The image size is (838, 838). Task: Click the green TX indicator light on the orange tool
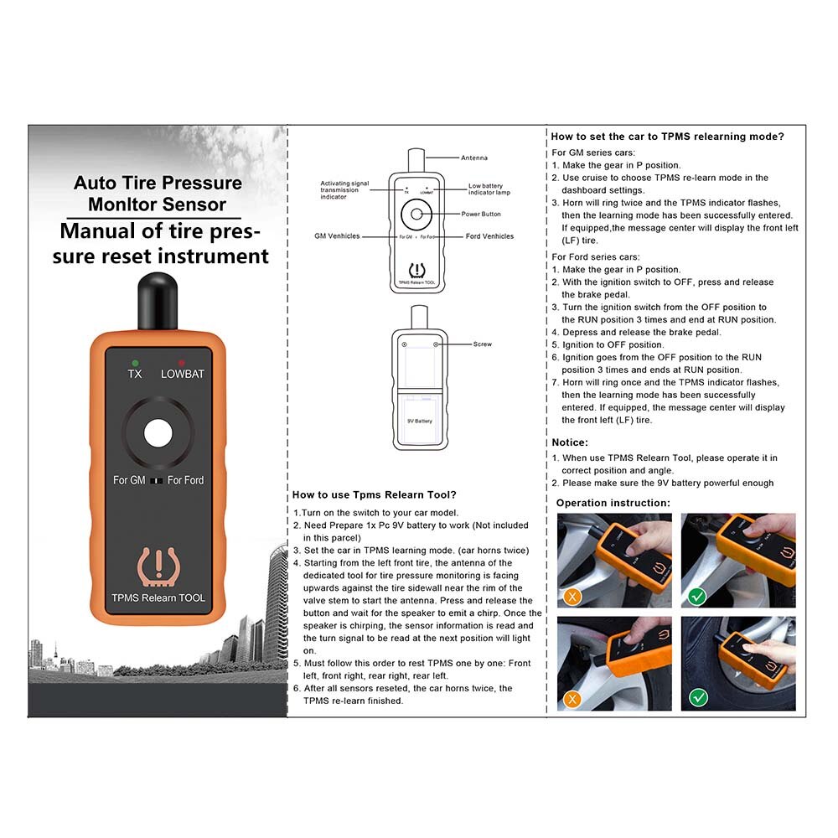[134, 362]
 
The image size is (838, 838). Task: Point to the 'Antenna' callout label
[473, 158]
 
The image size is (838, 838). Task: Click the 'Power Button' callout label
[481, 214]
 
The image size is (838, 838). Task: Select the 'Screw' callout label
[482, 344]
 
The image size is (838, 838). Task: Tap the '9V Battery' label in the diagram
[420, 421]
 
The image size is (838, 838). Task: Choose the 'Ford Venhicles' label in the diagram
[489, 236]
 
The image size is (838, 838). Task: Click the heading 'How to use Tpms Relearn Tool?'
[374, 495]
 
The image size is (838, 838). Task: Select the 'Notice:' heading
[570, 442]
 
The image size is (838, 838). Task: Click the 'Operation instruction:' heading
[613, 503]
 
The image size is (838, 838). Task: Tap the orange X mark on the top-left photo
[572, 596]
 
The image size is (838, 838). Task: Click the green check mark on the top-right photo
[697, 596]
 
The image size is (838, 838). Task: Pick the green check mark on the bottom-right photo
[697, 697]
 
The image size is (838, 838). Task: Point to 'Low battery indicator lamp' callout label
[489, 189]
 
